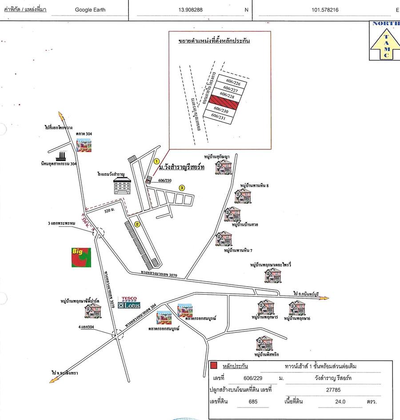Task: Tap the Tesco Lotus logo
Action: [129, 303]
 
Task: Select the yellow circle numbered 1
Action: [156, 161]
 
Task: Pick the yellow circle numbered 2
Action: [138, 224]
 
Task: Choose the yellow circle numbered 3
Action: [182, 188]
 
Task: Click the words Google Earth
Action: [90, 9]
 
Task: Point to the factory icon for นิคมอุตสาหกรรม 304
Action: [61, 156]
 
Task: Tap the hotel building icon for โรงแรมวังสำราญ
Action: [123, 186]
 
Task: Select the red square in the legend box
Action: [214, 365]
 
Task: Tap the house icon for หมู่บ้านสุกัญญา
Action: [222, 167]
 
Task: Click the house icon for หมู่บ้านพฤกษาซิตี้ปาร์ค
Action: [93, 311]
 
